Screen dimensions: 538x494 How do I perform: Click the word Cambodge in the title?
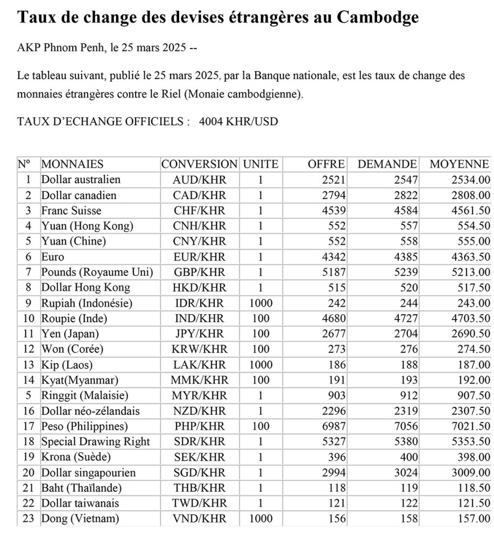click(377, 17)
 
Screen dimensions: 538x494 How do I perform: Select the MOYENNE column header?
click(460, 164)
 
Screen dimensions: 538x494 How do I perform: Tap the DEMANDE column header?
click(387, 164)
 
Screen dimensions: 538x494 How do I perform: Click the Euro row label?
click(52, 257)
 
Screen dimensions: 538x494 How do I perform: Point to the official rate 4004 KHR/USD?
click(238, 122)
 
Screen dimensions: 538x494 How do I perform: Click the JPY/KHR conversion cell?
click(200, 334)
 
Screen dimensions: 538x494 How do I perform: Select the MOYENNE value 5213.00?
click(470, 272)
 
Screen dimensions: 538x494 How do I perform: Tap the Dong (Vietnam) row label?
click(80, 519)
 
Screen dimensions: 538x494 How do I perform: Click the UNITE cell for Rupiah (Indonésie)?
click(260, 303)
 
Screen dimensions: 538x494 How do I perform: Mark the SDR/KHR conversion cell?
click(200, 442)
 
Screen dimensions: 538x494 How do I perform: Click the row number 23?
click(29, 519)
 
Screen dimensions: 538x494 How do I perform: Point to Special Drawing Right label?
click(95, 442)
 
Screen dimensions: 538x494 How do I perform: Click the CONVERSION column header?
click(199, 164)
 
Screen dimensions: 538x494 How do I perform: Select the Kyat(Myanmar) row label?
click(79, 380)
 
